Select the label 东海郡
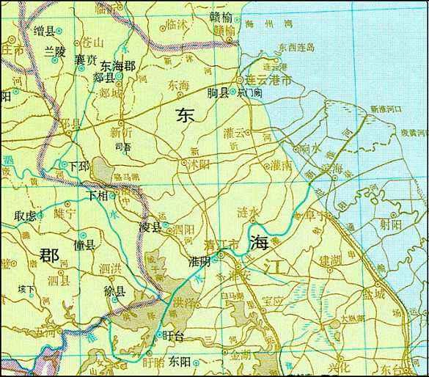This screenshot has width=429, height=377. click(118, 65)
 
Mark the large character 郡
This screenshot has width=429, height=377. click(49, 255)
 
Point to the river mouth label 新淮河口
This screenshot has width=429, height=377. click(387, 109)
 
